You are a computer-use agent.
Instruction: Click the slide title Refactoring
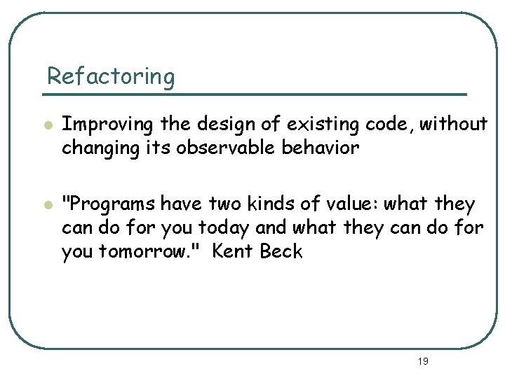(110, 76)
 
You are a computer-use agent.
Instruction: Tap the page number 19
(422, 361)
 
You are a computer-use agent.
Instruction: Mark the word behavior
(330, 148)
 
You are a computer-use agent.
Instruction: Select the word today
(225, 228)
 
